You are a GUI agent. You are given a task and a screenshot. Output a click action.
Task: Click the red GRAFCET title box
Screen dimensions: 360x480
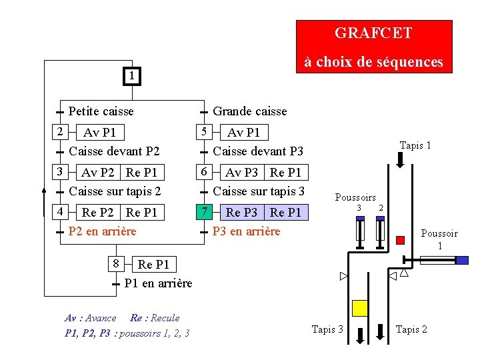coord(374,46)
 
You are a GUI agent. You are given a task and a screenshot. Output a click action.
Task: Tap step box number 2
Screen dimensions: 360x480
coord(59,131)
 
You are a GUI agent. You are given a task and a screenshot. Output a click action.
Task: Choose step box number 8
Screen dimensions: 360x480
coord(115,263)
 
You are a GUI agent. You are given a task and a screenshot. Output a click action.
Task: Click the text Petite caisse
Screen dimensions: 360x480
coord(101,111)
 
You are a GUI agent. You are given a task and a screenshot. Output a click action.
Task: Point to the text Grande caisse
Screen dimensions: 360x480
coord(250,111)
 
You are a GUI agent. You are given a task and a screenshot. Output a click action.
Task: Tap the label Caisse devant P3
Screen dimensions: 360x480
coord(258,151)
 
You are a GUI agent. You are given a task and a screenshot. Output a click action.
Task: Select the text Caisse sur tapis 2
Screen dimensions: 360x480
coord(115,191)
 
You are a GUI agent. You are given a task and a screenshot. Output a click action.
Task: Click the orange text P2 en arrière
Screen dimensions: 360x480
coord(102,231)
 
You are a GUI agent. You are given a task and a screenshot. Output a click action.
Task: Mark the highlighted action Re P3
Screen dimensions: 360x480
coord(241,213)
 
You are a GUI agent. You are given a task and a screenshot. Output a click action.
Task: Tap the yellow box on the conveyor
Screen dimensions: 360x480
coord(360,307)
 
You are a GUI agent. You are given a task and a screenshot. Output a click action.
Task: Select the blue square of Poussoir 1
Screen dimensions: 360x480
coord(462,260)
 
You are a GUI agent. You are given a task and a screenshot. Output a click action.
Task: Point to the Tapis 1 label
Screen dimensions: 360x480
coord(415,145)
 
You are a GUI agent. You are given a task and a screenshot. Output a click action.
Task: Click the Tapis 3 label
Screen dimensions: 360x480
coord(328,329)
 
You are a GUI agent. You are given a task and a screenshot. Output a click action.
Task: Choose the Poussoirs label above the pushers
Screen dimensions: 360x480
coord(355,197)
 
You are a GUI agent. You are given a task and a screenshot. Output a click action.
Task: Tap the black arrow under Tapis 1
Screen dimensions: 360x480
coord(401,160)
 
